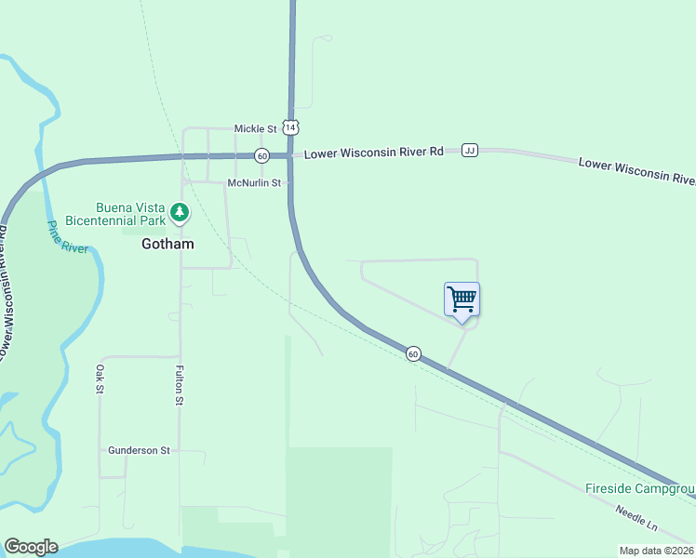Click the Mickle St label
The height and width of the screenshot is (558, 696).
(256, 128)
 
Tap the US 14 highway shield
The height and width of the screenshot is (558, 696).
(290, 126)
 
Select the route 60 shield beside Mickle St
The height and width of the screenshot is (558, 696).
(262, 155)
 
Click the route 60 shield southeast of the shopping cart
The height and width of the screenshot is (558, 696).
(413, 353)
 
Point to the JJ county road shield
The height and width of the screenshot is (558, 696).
(470, 150)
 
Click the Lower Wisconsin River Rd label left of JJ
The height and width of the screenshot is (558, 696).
(374, 152)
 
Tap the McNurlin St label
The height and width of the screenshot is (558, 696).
(254, 183)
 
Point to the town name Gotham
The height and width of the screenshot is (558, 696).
(167, 245)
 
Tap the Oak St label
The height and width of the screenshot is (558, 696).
(99, 379)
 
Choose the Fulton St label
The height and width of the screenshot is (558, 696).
(179, 385)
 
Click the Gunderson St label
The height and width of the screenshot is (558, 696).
(139, 450)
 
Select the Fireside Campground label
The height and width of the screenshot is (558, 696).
(640, 488)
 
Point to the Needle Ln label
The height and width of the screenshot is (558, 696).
(636, 518)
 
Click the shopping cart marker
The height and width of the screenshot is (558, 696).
(462, 300)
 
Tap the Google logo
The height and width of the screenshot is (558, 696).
(31, 547)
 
